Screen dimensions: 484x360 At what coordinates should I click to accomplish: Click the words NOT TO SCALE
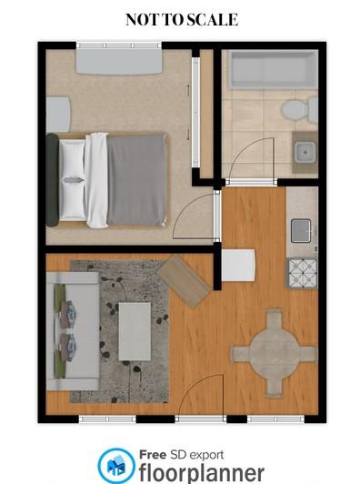182,19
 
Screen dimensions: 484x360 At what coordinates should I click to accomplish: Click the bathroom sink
304,152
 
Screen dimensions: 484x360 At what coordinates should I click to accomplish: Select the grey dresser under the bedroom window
119,60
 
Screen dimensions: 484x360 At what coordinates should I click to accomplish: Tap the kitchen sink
301,231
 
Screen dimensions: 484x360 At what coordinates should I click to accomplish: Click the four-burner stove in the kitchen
302,272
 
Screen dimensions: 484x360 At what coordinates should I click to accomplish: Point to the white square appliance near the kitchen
239,266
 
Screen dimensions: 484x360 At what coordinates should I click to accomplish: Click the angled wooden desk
185,279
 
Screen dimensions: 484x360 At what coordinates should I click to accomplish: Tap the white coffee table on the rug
135,330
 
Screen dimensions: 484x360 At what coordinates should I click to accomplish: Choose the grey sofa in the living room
73,329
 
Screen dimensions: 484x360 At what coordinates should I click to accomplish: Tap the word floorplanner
202,472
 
